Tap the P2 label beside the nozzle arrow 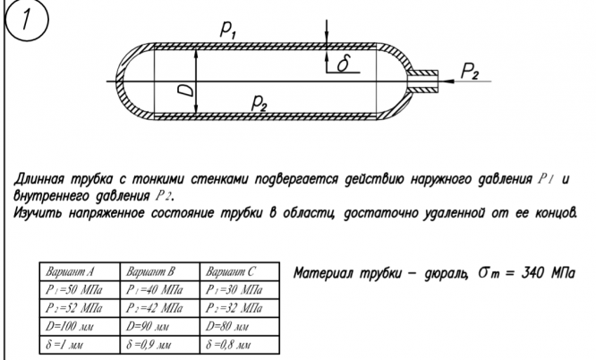[x=473, y=69]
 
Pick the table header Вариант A [x=67, y=270]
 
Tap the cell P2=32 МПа [x=234, y=307]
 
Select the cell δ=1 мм [x=63, y=344]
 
